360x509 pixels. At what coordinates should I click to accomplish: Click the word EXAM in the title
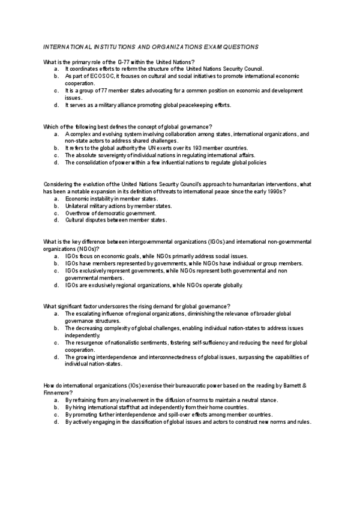pyautogui.click(x=202, y=46)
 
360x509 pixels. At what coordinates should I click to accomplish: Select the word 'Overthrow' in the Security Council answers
pyautogui.click(x=78, y=212)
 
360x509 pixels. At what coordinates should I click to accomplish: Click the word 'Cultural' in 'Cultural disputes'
pyautogui.click(x=76, y=220)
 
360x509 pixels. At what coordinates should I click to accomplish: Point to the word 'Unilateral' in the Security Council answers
pyautogui.click(x=78, y=205)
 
